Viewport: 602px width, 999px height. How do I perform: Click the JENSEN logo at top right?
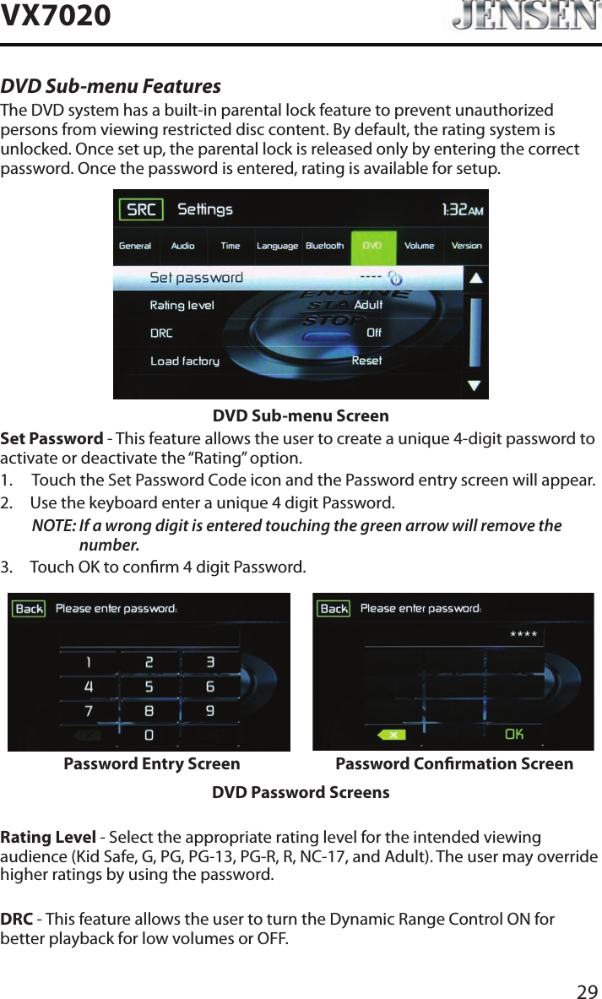(520, 17)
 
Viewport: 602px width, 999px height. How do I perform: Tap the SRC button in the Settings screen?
(141, 209)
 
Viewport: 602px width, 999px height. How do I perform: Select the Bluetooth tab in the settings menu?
(324, 246)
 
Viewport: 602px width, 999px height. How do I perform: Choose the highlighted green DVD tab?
(372, 246)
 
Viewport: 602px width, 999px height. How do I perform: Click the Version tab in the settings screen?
(467, 246)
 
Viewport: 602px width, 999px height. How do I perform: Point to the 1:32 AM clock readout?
(463, 209)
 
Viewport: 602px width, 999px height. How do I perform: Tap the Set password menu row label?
(196, 277)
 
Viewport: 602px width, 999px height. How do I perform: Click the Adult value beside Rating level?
(368, 305)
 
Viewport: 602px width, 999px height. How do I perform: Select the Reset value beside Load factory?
(366, 361)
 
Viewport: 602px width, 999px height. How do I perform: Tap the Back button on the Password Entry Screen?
(30, 608)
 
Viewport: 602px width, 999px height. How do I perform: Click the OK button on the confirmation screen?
(513, 734)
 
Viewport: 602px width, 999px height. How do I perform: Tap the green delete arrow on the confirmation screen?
(393, 735)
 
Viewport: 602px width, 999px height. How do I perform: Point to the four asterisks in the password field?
(523, 633)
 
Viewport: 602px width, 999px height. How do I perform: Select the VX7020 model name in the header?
(56, 15)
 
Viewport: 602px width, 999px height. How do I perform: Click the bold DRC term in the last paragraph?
(17, 919)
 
